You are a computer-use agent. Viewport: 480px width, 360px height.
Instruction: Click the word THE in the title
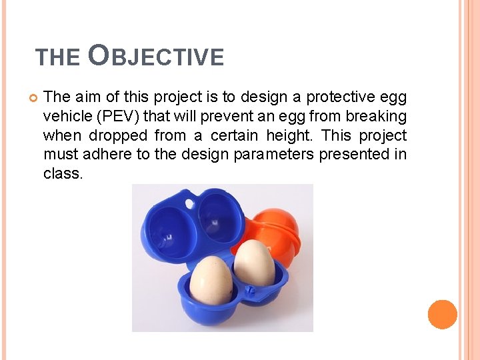pyautogui.click(x=58, y=58)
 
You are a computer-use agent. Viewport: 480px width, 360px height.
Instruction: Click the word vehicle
pyautogui.click(x=67, y=117)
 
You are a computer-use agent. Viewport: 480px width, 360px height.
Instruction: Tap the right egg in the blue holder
pyautogui.click(x=254, y=263)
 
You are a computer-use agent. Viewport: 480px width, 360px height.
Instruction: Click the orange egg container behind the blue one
pyautogui.click(x=273, y=227)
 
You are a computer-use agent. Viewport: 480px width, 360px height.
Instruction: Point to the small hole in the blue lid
pyautogui.click(x=190, y=201)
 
